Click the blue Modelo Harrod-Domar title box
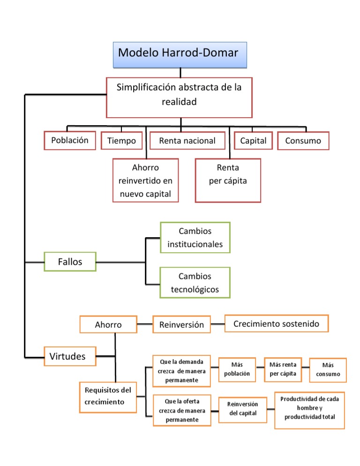(180, 55)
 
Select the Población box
(70, 140)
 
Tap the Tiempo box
(121, 141)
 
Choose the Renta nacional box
(187, 141)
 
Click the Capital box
(253, 141)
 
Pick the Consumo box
(303, 141)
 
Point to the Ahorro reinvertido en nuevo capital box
(146, 180)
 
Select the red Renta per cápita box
(228, 180)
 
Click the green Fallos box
(70, 262)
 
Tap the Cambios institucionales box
(195, 238)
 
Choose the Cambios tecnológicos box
(195, 283)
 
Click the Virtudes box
(70, 356)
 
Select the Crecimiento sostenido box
(277, 323)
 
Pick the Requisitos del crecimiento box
(108, 398)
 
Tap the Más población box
(237, 369)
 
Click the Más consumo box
(328, 370)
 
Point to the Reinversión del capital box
(242, 410)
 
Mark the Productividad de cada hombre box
(309, 410)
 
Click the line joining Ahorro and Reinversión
(145, 324)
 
